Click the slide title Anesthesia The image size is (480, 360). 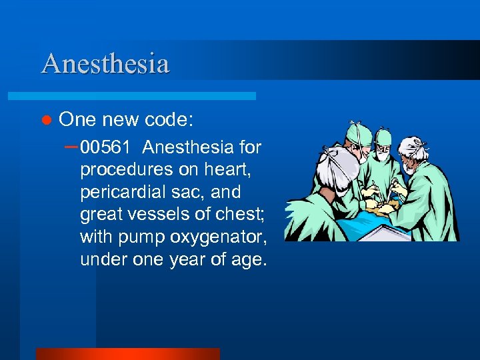(x=105, y=64)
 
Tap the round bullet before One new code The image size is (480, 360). (x=46, y=120)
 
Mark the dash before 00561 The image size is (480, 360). (x=71, y=145)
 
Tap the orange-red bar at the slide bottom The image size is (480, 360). (x=127, y=354)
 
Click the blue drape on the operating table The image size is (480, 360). (x=360, y=230)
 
